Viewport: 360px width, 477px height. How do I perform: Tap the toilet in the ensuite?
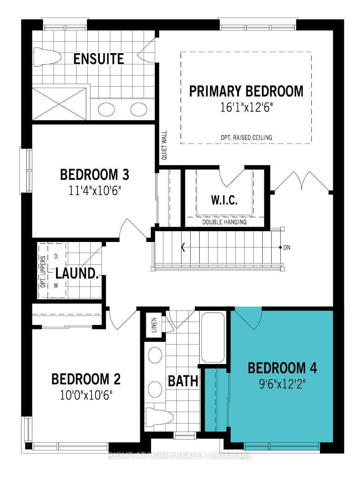tap(47, 57)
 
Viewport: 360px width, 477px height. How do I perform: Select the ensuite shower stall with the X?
tap(59, 104)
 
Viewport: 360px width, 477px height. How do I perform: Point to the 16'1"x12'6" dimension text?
tap(246, 107)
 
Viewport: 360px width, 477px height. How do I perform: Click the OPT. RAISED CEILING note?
tap(246, 137)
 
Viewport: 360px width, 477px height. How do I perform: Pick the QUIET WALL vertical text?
tap(165, 145)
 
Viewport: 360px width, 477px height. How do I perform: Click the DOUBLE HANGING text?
tap(224, 222)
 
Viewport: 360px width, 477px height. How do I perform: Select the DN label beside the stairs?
tap(287, 247)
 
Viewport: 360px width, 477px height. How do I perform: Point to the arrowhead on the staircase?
tap(183, 247)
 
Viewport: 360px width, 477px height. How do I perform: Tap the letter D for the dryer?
tap(56, 257)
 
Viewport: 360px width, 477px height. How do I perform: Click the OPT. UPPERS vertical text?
tap(43, 272)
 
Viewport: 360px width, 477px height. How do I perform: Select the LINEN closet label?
tap(154, 325)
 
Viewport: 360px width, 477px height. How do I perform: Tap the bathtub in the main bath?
tap(213, 337)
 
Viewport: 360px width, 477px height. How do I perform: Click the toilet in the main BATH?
tap(159, 417)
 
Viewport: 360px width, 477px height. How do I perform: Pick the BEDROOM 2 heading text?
tap(86, 379)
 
